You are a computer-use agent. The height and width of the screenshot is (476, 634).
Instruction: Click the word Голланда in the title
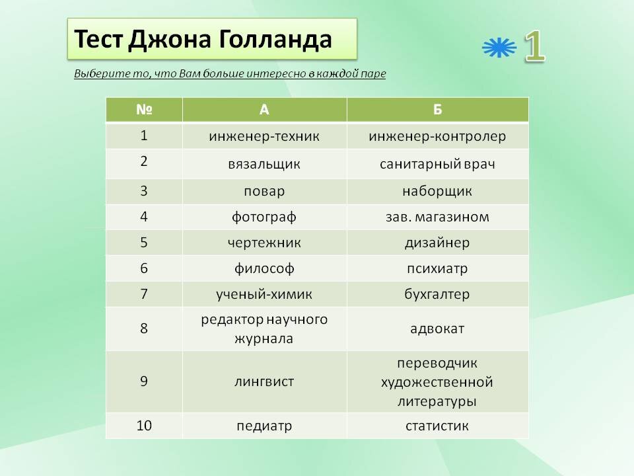(x=275, y=40)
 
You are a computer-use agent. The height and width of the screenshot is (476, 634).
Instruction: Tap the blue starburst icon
(x=499, y=48)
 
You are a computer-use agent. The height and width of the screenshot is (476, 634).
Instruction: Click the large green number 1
(x=534, y=46)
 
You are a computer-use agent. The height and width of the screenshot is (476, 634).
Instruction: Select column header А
(x=264, y=109)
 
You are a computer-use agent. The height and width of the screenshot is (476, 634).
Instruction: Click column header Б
(x=437, y=109)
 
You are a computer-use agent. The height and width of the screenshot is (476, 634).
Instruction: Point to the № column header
(x=144, y=109)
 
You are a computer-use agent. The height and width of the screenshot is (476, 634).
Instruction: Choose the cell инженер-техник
(x=264, y=136)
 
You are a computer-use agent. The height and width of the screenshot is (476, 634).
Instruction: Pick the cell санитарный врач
(x=437, y=164)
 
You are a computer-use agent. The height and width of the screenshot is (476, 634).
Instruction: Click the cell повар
(x=264, y=191)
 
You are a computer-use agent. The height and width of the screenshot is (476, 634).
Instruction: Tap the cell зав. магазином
(x=437, y=217)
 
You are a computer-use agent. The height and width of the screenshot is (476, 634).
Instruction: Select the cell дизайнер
(x=437, y=243)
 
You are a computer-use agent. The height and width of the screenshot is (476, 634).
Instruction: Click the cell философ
(x=264, y=268)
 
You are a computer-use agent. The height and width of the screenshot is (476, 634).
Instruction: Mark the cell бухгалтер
(x=437, y=294)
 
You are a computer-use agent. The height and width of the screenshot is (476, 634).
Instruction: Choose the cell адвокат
(x=437, y=329)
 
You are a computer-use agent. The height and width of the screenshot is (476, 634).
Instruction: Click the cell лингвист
(x=264, y=381)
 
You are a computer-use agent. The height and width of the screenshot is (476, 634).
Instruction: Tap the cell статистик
(x=437, y=426)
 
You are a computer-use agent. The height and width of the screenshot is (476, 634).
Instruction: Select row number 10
(x=144, y=425)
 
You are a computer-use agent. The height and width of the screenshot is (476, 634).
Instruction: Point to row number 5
(x=144, y=243)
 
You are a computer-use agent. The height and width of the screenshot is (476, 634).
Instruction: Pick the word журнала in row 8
(x=264, y=338)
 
